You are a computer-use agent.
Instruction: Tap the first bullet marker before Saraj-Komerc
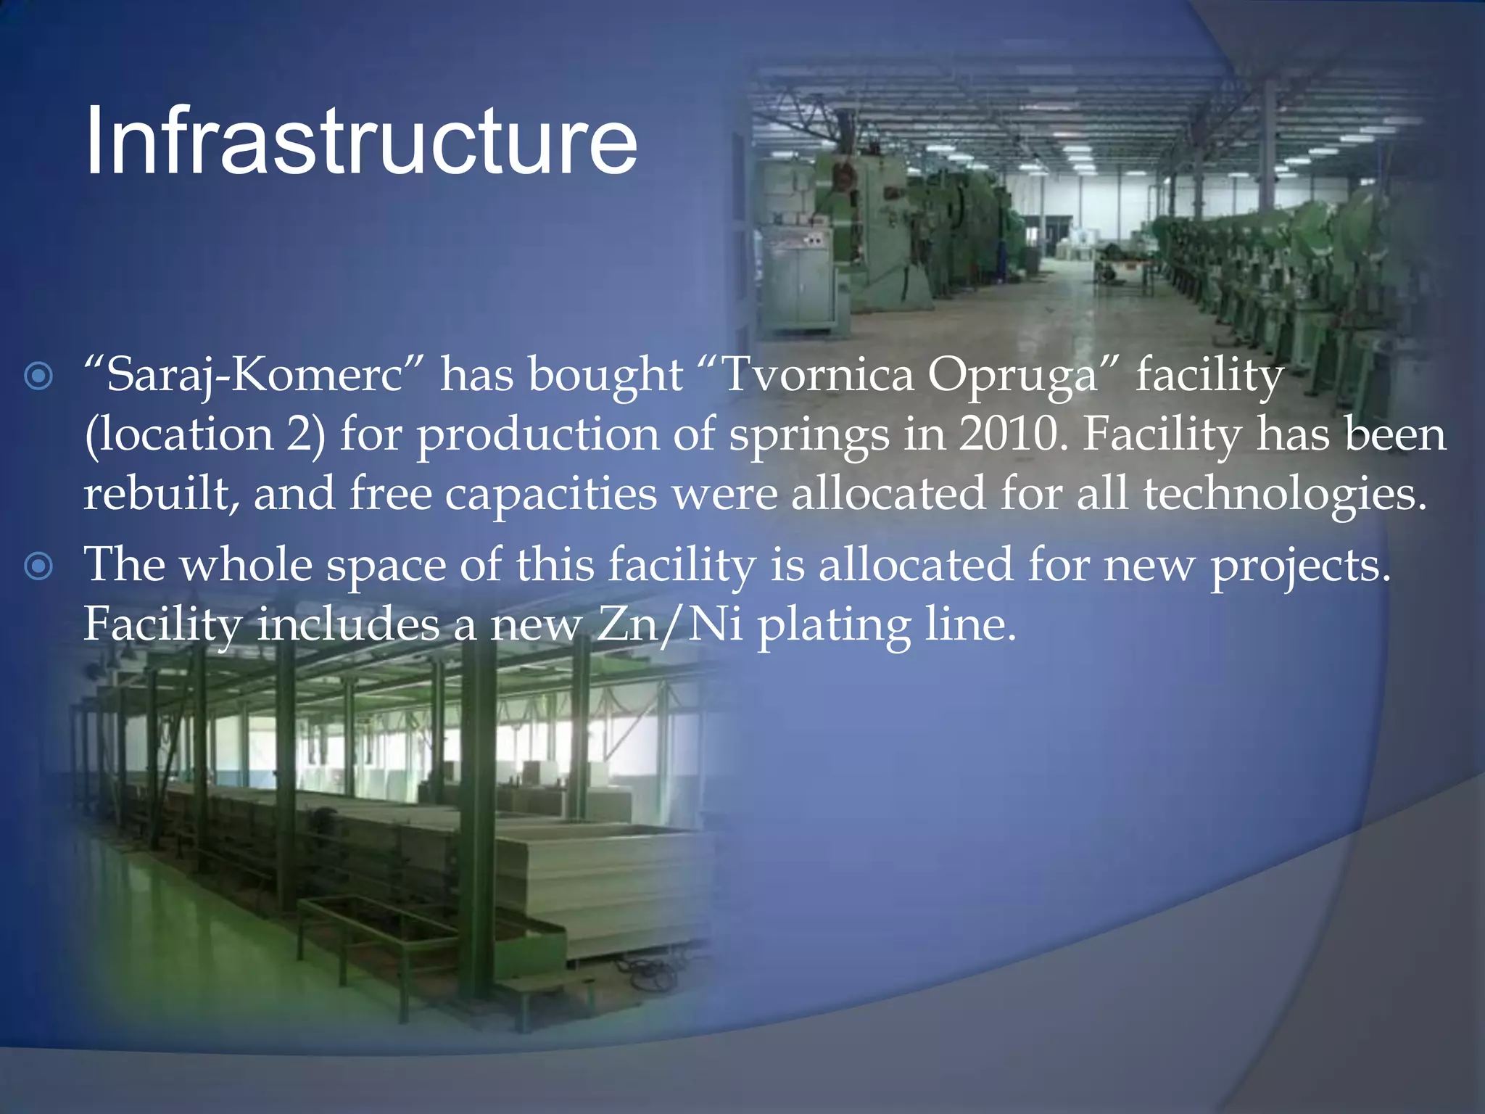tap(38, 376)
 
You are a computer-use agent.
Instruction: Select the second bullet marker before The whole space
tap(38, 566)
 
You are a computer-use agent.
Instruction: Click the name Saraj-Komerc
tap(254, 376)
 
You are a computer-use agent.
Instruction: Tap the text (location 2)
tap(205, 436)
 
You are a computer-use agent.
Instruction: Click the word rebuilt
tap(161, 493)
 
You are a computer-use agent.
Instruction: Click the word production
tap(537, 436)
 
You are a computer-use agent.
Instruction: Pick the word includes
tap(349, 624)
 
